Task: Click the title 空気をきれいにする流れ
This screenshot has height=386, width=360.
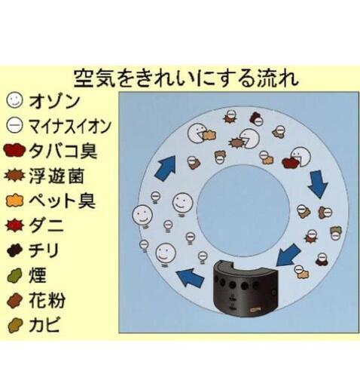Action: point(186,78)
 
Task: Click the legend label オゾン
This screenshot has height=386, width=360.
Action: point(54,102)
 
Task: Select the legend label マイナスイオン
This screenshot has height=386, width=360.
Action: point(69,126)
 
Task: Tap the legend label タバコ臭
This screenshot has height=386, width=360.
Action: point(63,151)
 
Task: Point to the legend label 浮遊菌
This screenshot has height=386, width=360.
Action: point(56,176)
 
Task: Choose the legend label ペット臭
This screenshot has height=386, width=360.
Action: point(62,201)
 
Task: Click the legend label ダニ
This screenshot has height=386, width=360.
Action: point(47,225)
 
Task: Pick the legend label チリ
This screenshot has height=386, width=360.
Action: point(44,250)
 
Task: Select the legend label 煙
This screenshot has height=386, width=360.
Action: point(38,275)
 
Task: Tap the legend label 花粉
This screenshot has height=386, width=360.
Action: point(47,300)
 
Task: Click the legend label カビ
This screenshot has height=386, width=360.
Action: point(44,324)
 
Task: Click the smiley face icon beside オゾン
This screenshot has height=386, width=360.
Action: point(14,100)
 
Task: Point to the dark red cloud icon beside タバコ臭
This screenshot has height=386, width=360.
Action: point(14,151)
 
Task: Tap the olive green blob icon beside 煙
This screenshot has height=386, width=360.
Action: point(15,275)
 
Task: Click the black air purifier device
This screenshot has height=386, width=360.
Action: point(246,288)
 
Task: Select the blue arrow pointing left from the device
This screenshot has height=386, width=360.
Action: point(190,277)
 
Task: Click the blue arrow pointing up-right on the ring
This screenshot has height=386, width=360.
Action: point(166,167)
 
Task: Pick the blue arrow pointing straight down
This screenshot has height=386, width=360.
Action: point(318,184)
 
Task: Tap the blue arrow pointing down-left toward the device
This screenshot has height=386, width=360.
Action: point(288,255)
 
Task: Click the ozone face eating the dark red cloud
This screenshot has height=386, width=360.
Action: point(301,157)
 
